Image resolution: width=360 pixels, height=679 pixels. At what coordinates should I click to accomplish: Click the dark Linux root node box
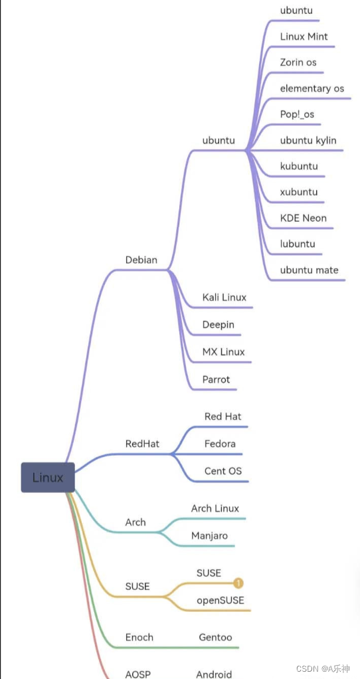click(48, 477)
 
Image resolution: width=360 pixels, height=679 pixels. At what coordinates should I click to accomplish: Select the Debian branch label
click(141, 260)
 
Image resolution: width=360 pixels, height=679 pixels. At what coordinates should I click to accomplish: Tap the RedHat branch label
click(142, 444)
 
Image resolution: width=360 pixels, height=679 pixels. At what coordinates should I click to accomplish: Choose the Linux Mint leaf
click(304, 37)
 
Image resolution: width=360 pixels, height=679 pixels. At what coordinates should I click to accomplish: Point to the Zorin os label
click(298, 62)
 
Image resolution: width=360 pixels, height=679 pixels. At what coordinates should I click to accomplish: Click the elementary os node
click(312, 88)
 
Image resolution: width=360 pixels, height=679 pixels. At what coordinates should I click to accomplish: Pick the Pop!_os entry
click(297, 114)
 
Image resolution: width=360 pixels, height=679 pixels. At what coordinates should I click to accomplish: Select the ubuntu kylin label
click(308, 140)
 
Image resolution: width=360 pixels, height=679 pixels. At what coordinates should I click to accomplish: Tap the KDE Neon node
click(304, 218)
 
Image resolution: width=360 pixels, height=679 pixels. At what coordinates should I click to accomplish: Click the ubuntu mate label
click(309, 270)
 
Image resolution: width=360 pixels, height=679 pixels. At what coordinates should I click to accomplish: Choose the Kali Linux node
click(225, 297)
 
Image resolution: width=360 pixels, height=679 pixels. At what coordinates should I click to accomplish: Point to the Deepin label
click(219, 326)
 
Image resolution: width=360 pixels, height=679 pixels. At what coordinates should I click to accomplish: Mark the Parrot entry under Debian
click(217, 379)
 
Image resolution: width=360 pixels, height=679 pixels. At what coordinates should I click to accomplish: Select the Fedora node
click(220, 443)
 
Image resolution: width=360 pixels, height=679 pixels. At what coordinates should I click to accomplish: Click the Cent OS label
click(223, 471)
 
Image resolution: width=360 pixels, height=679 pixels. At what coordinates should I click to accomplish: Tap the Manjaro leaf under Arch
click(210, 535)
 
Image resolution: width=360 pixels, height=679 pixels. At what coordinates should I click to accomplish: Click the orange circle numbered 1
click(238, 583)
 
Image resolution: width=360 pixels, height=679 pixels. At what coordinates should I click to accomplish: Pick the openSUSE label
click(221, 600)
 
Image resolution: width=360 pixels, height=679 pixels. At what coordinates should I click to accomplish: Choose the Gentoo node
click(215, 637)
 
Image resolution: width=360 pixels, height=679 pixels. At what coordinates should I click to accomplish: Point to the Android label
click(214, 674)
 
